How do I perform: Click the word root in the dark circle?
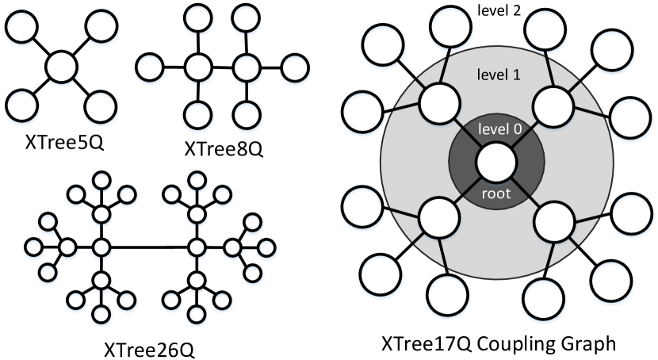[496, 193]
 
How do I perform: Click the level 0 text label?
[496, 129]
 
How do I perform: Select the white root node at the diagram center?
[497, 163]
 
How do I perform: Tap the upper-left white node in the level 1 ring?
[440, 105]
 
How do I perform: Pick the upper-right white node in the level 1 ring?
[553, 105]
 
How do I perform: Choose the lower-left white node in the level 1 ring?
[440, 218]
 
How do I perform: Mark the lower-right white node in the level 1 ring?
[553, 222]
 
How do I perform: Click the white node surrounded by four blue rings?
[61, 67]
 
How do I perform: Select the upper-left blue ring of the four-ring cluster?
[22, 29]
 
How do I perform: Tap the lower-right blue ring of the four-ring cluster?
[101, 106]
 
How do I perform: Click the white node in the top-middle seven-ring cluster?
[197, 68]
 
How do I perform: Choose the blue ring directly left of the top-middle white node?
[150, 69]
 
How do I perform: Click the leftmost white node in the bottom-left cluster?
[67, 248]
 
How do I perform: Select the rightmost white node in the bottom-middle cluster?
[231, 248]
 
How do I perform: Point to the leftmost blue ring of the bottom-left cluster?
[33, 249]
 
